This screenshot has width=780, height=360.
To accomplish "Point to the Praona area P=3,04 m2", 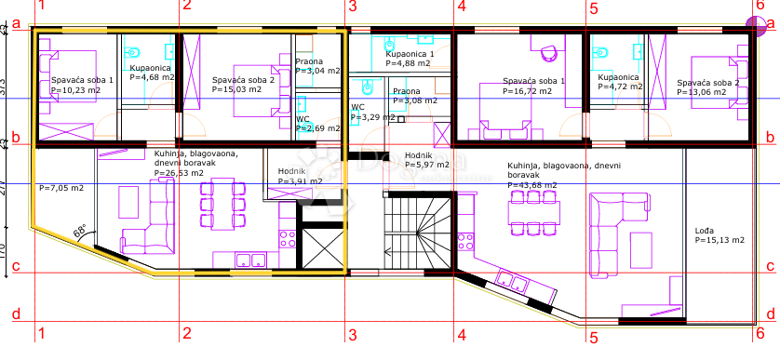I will point(316,71).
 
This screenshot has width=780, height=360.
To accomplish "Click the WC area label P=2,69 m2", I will point(317,128).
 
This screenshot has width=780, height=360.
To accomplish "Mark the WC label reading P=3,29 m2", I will point(372,118).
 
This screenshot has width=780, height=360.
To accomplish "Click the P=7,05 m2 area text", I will point(61,187).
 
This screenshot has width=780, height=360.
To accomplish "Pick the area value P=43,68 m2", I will point(532,185).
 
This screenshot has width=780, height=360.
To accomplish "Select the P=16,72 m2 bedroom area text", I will point(534,92).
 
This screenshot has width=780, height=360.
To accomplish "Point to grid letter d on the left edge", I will point(16,313).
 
